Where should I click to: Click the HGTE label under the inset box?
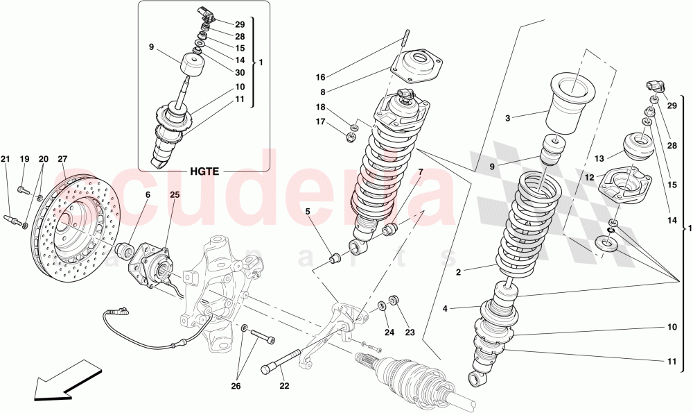202,171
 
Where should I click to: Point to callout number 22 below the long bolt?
285,386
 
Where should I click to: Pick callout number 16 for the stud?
320,77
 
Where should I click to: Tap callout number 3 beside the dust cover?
507,119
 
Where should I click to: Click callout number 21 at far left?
5,159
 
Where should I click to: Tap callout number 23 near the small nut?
410,332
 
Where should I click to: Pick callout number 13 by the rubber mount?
599,158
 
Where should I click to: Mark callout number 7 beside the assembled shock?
419,171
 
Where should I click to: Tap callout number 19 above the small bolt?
24,159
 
